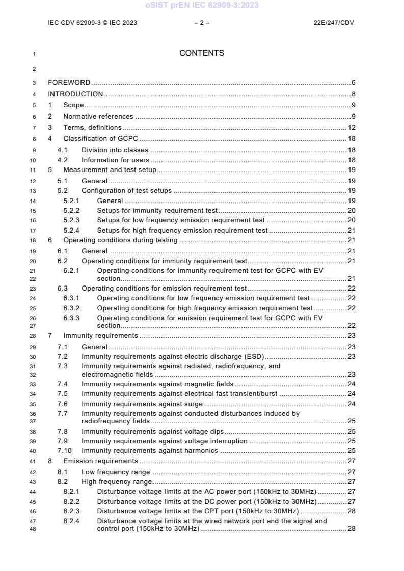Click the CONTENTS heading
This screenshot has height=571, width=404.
(202, 53)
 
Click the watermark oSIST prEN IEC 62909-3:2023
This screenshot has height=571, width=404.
(202, 5)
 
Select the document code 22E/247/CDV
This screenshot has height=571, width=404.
(334, 23)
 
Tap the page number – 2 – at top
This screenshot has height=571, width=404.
(202, 23)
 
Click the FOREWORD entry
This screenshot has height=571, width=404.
(69, 82)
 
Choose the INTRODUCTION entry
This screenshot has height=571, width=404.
(75, 94)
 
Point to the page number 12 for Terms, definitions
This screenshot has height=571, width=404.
(352, 128)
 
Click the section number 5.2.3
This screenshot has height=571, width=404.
(71, 220)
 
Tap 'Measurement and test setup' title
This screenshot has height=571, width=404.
(110, 170)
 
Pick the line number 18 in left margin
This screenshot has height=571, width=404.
(33, 240)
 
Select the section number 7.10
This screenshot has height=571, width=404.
(64, 450)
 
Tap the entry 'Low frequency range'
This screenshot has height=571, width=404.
(116, 472)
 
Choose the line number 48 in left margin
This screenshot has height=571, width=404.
(33, 529)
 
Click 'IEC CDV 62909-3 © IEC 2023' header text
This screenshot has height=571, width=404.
(92, 23)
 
